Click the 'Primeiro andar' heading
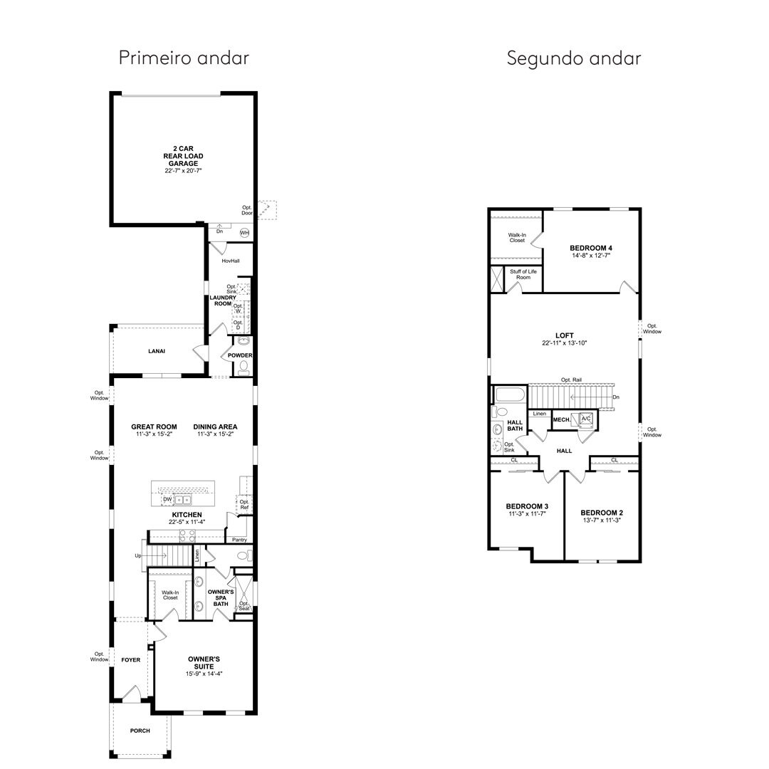pyautogui.click(x=184, y=58)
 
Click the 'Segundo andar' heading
pyautogui.click(x=574, y=58)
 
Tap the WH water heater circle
pyautogui.click(x=244, y=232)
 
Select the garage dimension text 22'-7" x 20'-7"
pyautogui.click(x=184, y=171)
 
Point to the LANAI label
pyautogui.click(x=157, y=351)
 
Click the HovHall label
pyautogui.click(x=231, y=261)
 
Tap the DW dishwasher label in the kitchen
pyautogui.click(x=168, y=499)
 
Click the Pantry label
pyautogui.click(x=240, y=540)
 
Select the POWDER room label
pyautogui.click(x=241, y=355)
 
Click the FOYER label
pyautogui.click(x=131, y=660)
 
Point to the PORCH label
pyautogui.click(x=140, y=731)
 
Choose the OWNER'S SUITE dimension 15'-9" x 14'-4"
pyautogui.click(x=204, y=674)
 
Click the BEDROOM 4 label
pyautogui.click(x=591, y=249)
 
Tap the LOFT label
pyautogui.click(x=565, y=335)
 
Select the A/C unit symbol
pyautogui.click(x=586, y=419)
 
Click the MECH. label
pyautogui.click(x=562, y=420)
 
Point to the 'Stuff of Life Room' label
pyautogui.click(x=523, y=275)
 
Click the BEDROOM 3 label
pyautogui.click(x=527, y=506)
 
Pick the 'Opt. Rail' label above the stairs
pyautogui.click(x=572, y=380)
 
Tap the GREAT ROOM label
pyautogui.click(x=154, y=427)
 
